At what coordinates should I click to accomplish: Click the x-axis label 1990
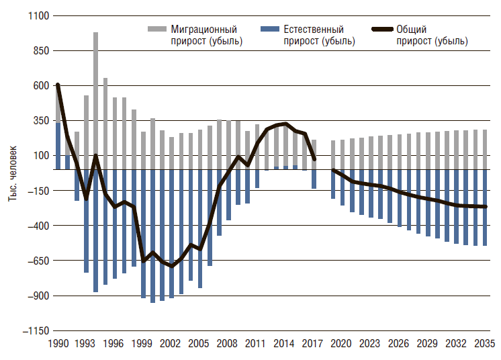pos(57,343)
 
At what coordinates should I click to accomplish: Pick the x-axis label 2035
pos(484,343)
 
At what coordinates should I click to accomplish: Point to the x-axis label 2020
pos(342,343)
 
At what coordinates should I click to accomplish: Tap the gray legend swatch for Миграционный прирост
pos(156,30)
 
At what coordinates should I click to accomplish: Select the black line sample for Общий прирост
pos(381,30)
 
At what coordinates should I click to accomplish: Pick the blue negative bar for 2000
pos(153,235)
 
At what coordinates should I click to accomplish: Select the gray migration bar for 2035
pos(484,149)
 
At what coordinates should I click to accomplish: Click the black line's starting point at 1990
pos(58,85)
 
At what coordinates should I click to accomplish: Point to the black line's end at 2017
pos(314,159)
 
